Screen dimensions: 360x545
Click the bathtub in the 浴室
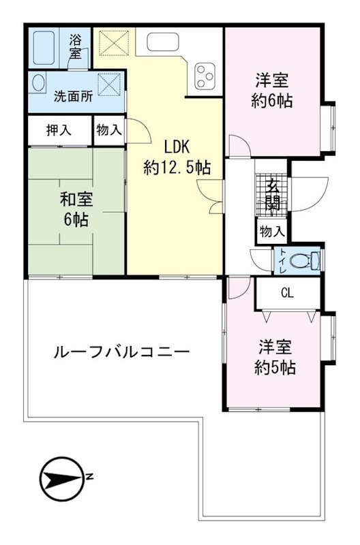click(x=44, y=48)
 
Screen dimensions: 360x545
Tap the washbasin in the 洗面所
click(x=38, y=82)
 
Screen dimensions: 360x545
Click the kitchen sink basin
click(x=163, y=42)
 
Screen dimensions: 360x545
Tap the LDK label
click(x=177, y=147)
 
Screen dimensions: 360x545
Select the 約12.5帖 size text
click(x=177, y=168)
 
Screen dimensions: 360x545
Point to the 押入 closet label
click(x=59, y=130)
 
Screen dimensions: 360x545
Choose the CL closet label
click(x=287, y=294)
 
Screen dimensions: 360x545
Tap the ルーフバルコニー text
click(x=121, y=352)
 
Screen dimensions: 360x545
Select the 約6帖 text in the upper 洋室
click(x=272, y=101)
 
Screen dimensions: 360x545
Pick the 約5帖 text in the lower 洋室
click(x=275, y=367)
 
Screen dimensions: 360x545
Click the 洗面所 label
click(x=74, y=96)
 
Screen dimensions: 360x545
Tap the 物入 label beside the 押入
click(x=109, y=130)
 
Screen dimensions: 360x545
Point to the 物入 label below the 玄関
click(x=272, y=231)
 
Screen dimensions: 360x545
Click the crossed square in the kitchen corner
click(x=114, y=43)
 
